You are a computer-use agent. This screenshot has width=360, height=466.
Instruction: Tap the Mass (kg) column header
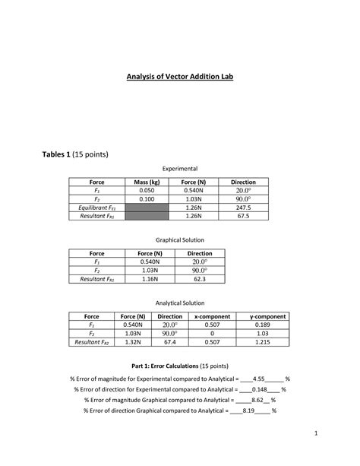[x=147, y=182]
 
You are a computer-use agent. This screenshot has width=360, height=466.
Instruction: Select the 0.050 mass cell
[x=147, y=191]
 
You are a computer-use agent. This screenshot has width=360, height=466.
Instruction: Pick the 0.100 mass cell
[x=147, y=199]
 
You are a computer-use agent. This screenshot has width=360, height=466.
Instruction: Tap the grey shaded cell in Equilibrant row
[x=147, y=208]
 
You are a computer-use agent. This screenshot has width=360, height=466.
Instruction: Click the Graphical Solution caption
[x=179, y=239]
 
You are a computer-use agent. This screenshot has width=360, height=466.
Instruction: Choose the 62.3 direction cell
[x=199, y=279]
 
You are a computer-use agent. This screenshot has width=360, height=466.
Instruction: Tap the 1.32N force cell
[x=133, y=343]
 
